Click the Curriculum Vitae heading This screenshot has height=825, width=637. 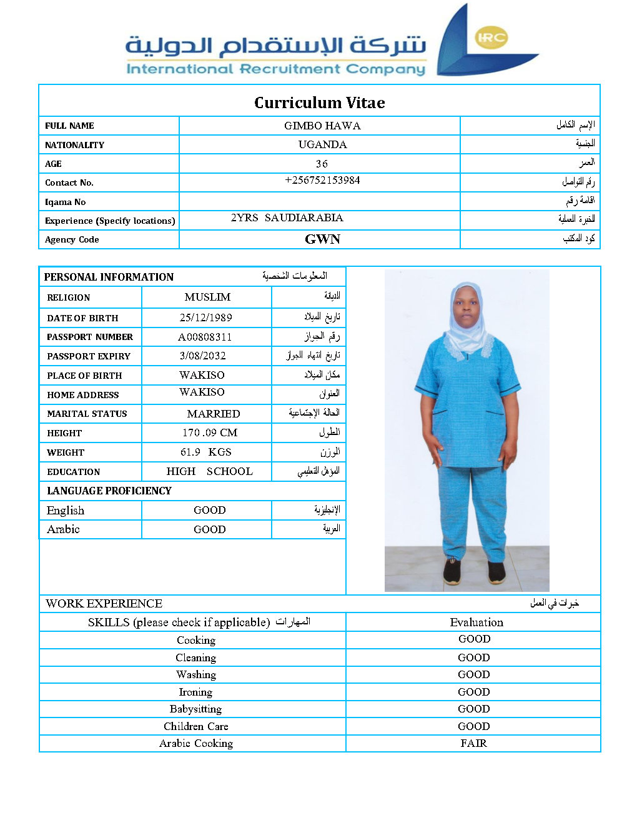point(319,102)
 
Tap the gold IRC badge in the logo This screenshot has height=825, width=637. point(491,37)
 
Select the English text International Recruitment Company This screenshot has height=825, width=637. point(275,69)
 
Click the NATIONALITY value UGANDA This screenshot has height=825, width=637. point(322,144)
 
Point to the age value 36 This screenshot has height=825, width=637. point(322,164)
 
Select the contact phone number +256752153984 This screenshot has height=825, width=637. point(322,181)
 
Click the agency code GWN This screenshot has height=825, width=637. point(322,239)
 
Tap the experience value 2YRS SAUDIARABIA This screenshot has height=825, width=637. point(287,218)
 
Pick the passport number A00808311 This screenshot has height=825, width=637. point(205,337)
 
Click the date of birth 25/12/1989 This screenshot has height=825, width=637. point(205,317)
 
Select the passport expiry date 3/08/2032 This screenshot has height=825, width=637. point(202,356)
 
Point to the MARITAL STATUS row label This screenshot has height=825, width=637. point(87,414)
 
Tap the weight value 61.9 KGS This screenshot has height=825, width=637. point(205,452)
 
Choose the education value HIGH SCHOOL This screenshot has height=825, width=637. point(209,471)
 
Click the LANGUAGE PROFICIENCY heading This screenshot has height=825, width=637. point(109,491)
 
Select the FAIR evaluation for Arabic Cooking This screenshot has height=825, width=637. point(473,743)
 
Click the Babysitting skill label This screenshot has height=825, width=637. point(195,709)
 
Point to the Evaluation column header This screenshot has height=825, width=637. point(476,622)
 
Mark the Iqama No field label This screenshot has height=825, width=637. point(65,202)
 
